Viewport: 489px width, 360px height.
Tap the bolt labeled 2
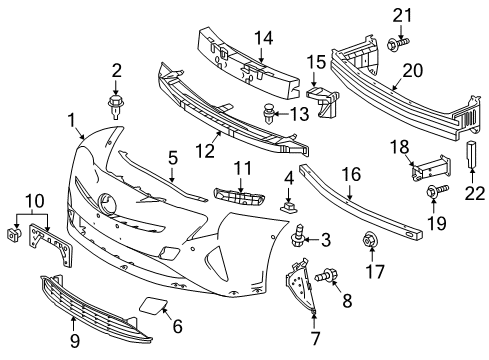[x=116, y=102]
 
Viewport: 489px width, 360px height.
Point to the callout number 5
[x=172, y=156]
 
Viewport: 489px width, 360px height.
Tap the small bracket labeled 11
[x=234, y=196]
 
